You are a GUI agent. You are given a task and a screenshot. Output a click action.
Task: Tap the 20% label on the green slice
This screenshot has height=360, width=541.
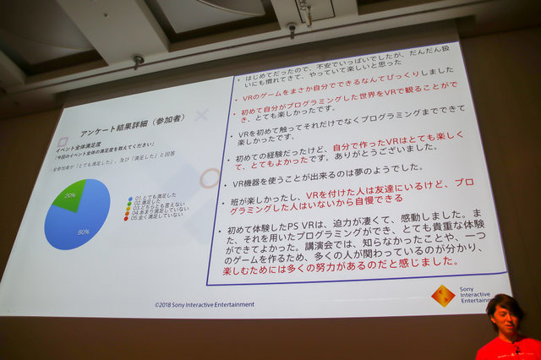coord(71,194)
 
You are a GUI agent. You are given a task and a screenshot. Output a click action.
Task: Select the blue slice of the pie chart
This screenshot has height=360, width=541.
coord(80,221)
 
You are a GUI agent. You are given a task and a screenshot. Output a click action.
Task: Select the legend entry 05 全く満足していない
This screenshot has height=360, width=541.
coord(156,216)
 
